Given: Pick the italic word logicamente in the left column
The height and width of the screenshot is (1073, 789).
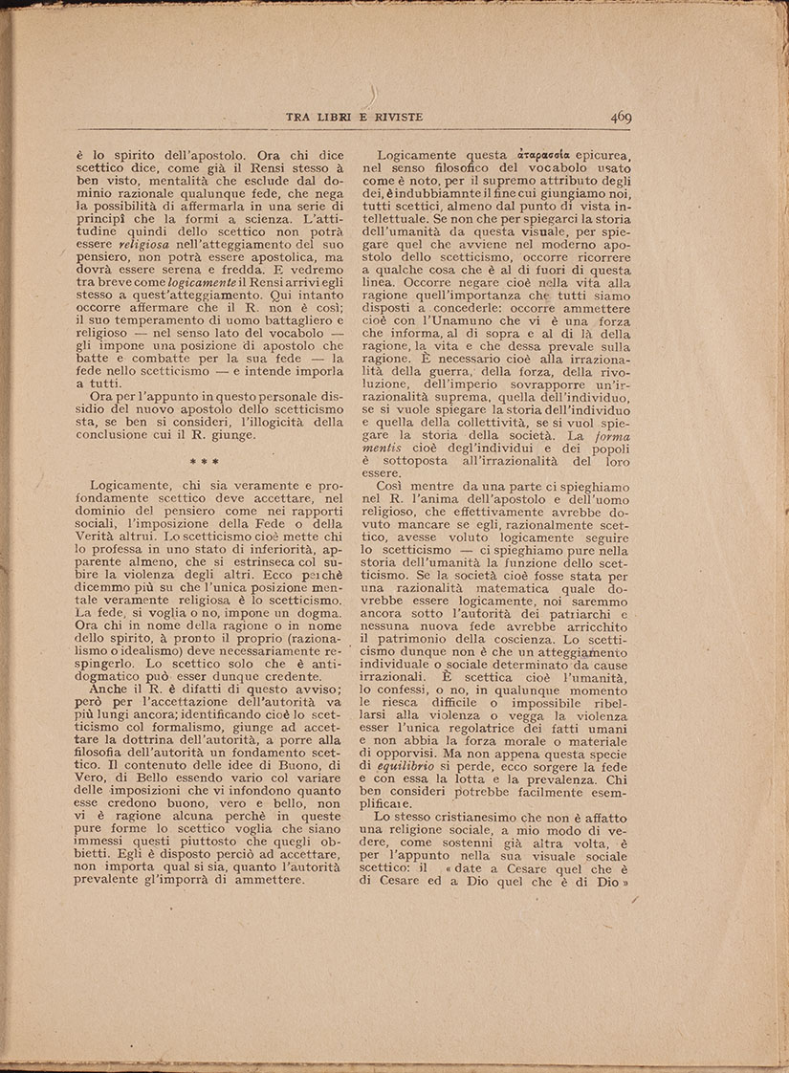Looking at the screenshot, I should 201,284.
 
